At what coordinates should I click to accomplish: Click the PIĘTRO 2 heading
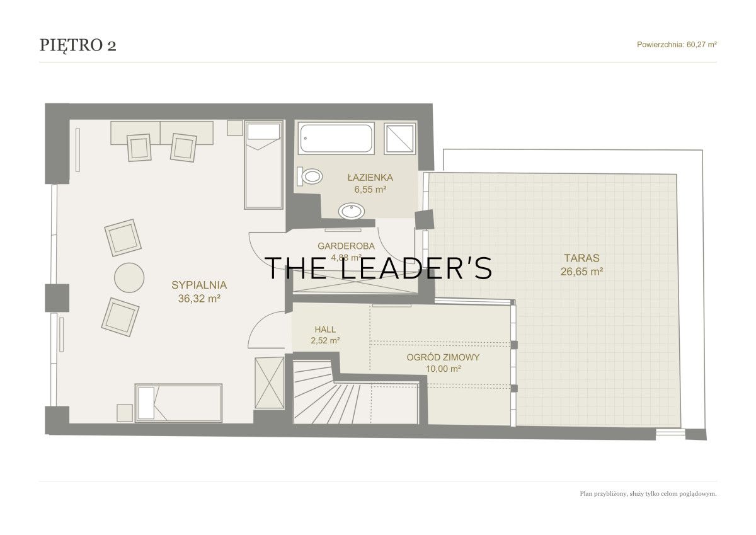pyautogui.click(x=78, y=45)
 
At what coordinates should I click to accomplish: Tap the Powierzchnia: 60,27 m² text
pyautogui.click(x=677, y=45)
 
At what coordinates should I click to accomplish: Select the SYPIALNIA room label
pyautogui.click(x=199, y=285)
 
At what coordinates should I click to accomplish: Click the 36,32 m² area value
pyautogui.click(x=199, y=299)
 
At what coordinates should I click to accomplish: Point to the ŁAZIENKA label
pyautogui.click(x=370, y=177)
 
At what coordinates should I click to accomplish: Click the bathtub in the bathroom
pyautogui.click(x=336, y=139)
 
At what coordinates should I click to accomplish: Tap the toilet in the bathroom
pyautogui.click(x=310, y=176)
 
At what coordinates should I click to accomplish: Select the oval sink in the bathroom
pyautogui.click(x=352, y=211)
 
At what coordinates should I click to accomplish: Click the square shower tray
pyautogui.click(x=400, y=139)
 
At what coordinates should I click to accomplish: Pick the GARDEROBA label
pyautogui.click(x=346, y=246)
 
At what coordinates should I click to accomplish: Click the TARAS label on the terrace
pyautogui.click(x=582, y=258)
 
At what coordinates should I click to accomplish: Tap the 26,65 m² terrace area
pyautogui.click(x=582, y=272)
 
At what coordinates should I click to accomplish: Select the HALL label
pyautogui.click(x=325, y=330)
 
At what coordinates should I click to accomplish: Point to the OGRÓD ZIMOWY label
pyautogui.click(x=443, y=357)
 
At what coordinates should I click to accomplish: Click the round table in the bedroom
pyautogui.click(x=129, y=277)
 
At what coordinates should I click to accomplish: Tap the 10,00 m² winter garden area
pyautogui.click(x=443, y=369)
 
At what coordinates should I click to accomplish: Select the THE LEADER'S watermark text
pyautogui.click(x=378, y=268)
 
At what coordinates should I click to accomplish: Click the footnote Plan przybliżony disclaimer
pyautogui.click(x=648, y=494)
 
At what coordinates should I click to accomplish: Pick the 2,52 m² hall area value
pyautogui.click(x=325, y=340)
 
